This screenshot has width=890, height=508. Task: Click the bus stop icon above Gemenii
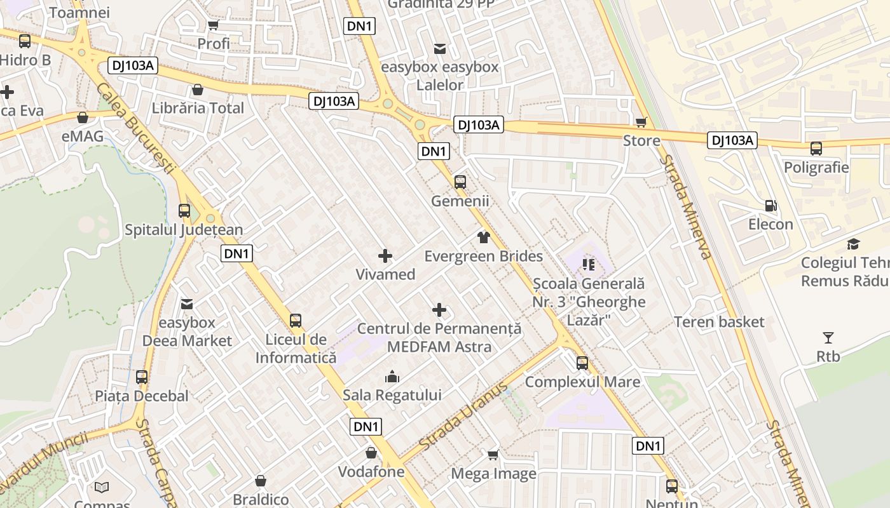(460, 182)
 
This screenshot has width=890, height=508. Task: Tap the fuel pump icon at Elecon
(770, 206)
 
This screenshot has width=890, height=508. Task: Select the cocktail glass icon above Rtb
(828, 338)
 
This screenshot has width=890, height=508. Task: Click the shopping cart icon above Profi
(213, 25)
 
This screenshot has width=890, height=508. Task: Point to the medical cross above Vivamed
(385, 256)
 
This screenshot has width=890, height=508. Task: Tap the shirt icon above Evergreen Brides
(484, 237)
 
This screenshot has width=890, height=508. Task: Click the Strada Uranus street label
(464, 413)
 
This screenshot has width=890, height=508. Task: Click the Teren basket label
(719, 322)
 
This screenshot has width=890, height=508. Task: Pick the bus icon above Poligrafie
(816, 149)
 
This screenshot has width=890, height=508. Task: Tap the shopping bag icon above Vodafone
(371, 453)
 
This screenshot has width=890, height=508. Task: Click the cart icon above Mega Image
(493, 455)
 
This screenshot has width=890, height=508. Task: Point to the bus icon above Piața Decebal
(142, 377)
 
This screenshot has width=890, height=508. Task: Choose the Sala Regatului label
(392, 395)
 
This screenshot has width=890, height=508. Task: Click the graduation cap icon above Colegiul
(853, 244)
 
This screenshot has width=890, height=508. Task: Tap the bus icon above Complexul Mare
(582, 363)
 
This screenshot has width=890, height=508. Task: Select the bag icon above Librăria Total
(198, 90)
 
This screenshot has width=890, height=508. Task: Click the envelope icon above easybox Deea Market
(187, 304)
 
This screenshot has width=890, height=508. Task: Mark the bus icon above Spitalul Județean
(184, 210)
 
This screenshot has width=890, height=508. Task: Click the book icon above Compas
(102, 488)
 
